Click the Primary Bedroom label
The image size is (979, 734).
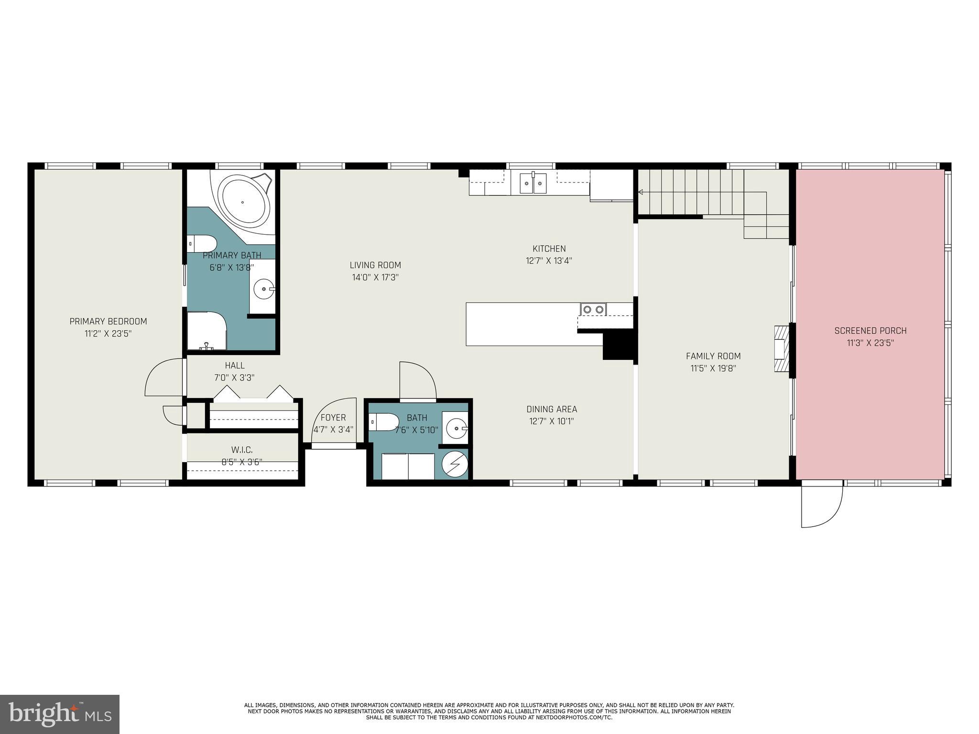pos(108,322)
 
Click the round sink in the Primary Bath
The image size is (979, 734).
pos(263,288)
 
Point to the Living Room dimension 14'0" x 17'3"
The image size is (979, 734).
pos(375,277)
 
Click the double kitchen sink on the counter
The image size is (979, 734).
pos(533,183)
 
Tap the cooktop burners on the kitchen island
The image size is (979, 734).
pos(593,310)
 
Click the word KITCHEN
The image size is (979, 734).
pos(549,248)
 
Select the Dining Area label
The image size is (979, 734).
pos(552,409)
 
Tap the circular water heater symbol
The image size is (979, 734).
pos(454,464)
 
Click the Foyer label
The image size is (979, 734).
pos(333,418)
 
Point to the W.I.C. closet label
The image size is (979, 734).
pos(242,450)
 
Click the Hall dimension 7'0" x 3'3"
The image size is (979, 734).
pos(234,378)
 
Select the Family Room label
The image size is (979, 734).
pos(713,356)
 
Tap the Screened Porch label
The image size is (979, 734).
pos(870,331)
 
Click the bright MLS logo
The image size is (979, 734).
pos(60,714)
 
